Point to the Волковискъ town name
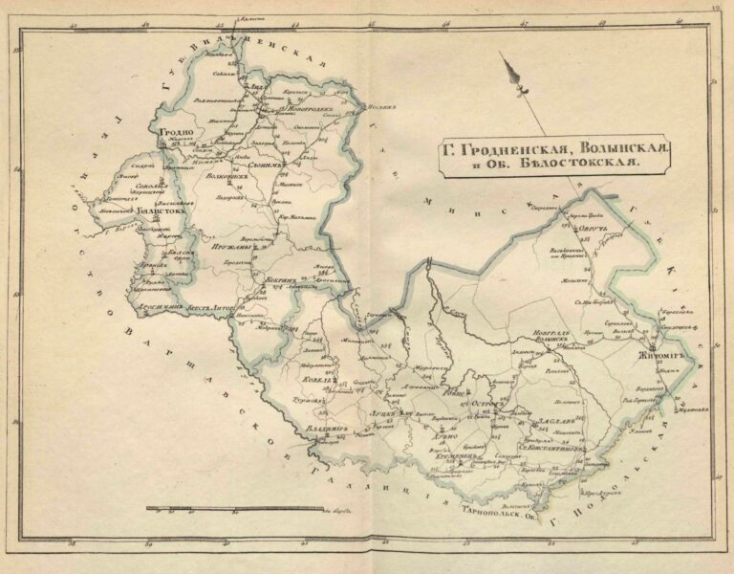[x=218, y=176]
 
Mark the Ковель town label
[x=319, y=380]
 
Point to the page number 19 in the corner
[x=716, y=9]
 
